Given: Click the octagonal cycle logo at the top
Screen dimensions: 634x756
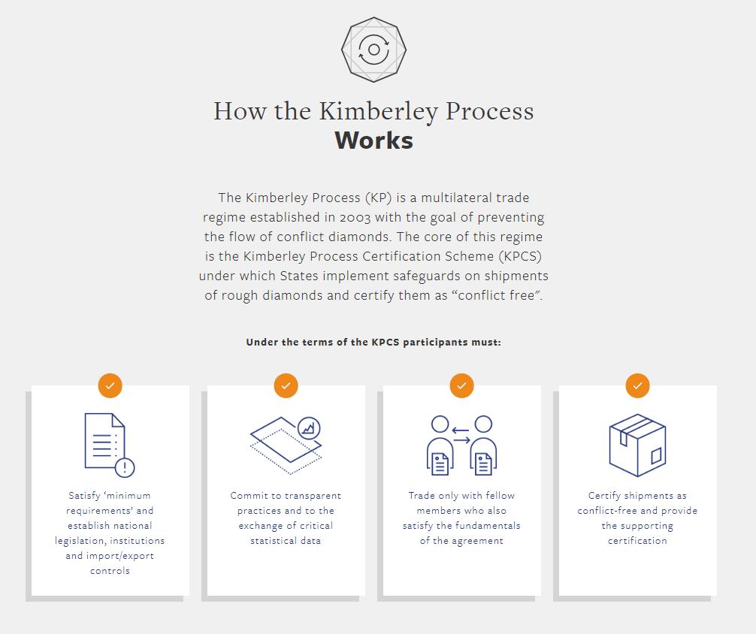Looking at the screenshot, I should (373, 50).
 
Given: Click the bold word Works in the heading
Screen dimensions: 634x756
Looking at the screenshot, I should (373, 140).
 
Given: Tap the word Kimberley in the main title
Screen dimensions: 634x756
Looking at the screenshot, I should (378, 111).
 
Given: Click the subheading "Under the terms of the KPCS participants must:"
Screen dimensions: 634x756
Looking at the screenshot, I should (373, 343).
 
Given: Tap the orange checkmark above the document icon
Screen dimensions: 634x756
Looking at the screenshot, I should (110, 385).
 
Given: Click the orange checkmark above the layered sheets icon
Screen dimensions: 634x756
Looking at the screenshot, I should (286, 385).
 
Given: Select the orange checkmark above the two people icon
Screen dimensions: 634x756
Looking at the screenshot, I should (462, 385).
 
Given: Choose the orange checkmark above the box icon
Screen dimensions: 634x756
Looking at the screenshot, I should (638, 385).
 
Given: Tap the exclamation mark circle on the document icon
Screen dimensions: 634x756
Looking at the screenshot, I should (125, 467).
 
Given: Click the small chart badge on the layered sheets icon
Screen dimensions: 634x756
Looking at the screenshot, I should (309, 428).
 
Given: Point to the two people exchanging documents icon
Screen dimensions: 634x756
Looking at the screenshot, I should (461, 445).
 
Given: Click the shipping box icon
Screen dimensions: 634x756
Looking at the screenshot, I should (637, 445).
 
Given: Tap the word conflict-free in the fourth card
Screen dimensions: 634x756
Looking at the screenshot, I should (608, 511).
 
